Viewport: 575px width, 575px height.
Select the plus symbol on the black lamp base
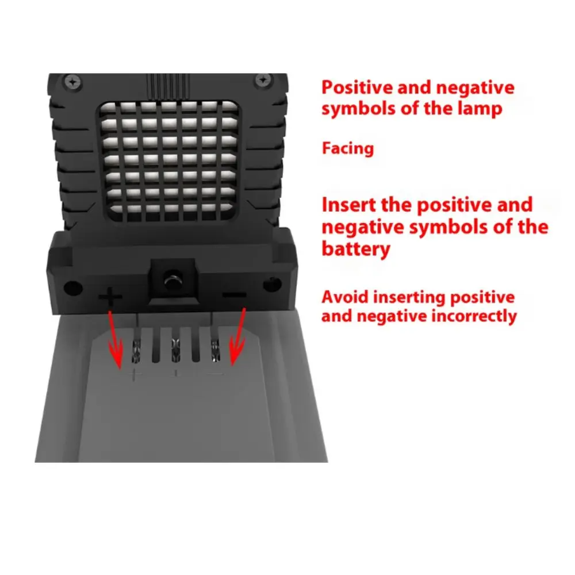point(110,297)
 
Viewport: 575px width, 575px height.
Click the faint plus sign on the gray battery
point(136,374)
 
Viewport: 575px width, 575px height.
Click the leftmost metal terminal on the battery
point(137,348)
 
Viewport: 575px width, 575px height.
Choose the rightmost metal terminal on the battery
point(215,348)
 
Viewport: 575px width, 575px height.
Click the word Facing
point(347,148)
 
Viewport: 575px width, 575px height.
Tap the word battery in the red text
point(356,249)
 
